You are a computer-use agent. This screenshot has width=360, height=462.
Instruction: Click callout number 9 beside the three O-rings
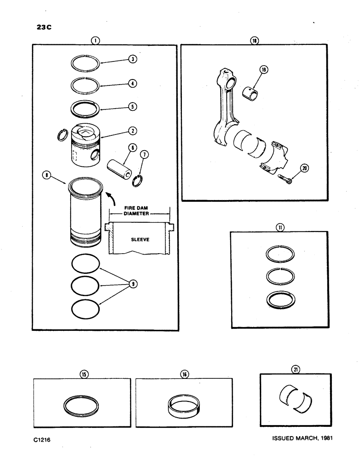133,284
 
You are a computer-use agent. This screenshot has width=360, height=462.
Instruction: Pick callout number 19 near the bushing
264,70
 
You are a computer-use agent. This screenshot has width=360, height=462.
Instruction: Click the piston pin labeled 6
117,164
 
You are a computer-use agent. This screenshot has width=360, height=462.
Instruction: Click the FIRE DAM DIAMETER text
139,211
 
